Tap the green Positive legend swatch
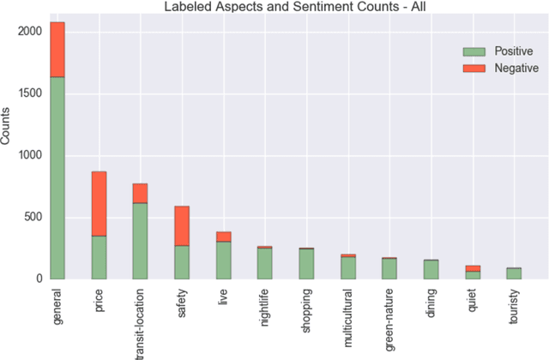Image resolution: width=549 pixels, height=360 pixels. tap(474, 51)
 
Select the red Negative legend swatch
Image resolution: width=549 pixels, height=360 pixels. tap(474, 68)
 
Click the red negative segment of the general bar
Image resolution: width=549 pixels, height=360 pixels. tap(57, 50)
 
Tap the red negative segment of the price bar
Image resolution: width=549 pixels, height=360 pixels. tap(99, 203)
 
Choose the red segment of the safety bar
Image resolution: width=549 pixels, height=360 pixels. tap(182, 225)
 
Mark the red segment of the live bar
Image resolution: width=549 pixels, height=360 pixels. tap(223, 237)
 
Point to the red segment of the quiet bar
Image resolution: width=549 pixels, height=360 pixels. tap(472, 268)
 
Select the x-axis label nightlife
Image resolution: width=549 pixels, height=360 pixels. tap(264, 308)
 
